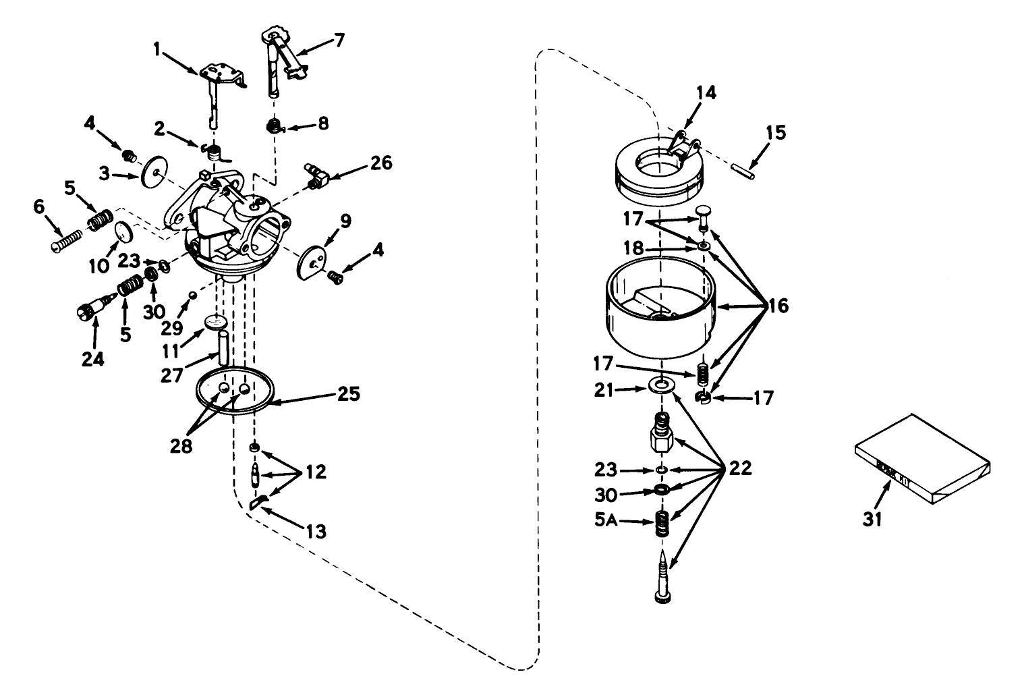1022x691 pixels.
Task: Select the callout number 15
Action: [x=776, y=132]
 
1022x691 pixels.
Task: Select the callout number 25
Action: [x=349, y=393]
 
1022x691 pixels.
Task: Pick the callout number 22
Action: [x=740, y=468]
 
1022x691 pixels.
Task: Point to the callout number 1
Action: [x=158, y=49]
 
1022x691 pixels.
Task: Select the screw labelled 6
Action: [x=66, y=239]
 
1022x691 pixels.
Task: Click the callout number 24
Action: [x=92, y=358]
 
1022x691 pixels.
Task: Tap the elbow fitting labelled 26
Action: [x=318, y=174]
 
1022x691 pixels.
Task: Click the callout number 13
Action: [x=316, y=532]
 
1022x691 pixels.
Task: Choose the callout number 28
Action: [x=181, y=445]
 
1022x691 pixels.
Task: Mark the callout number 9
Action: [x=345, y=220]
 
